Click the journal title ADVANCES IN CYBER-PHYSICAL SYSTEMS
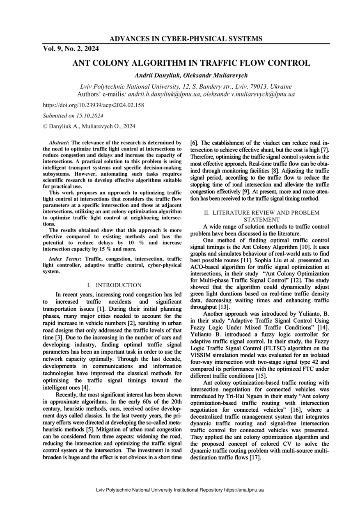[186, 39]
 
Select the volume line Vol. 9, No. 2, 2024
[71, 49]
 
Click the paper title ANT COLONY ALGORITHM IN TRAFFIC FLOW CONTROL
[191, 63]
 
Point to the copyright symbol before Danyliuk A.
[45, 126]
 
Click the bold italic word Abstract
[58, 142]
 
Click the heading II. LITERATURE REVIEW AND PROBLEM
[262, 213]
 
